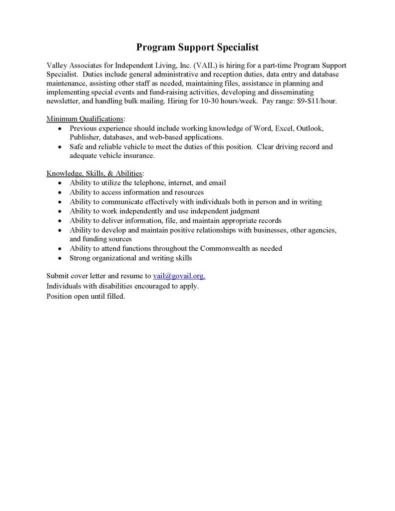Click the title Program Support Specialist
click(x=197, y=48)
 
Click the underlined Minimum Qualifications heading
click(x=85, y=119)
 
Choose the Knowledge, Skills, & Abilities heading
click(x=95, y=174)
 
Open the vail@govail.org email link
click(x=179, y=276)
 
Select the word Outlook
click(x=310, y=128)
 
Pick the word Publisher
click(x=84, y=137)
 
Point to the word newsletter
click(x=63, y=101)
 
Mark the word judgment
click(x=242, y=211)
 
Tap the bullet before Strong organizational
click(x=59, y=258)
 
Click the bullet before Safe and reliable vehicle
click(x=59, y=147)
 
